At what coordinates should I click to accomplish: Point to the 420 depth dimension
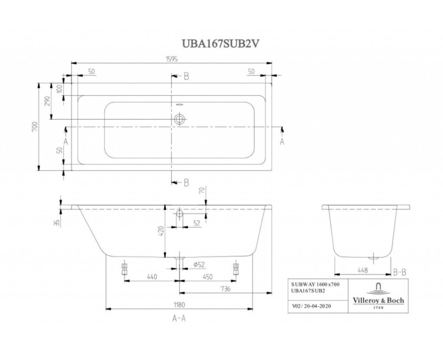click(161, 232)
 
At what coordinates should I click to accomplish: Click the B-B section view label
click(401, 271)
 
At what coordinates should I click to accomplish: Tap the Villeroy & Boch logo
click(378, 294)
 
